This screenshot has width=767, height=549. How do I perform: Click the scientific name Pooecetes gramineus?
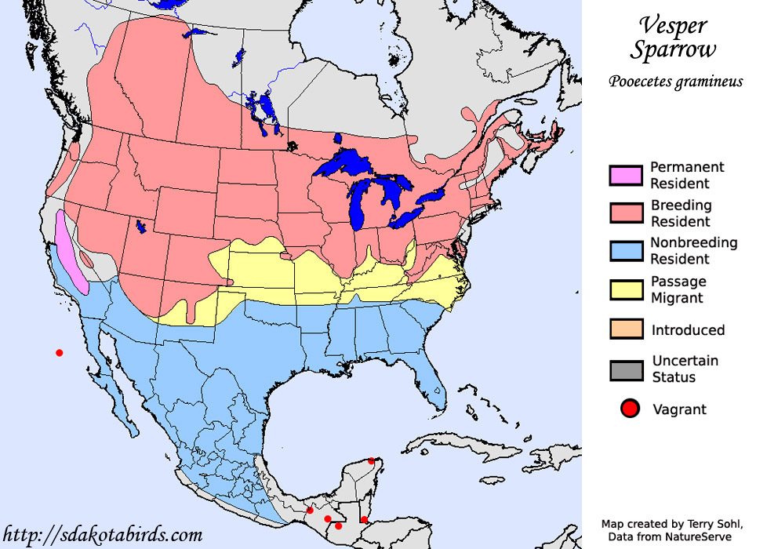674,82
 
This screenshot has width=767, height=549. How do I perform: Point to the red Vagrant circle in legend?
627,409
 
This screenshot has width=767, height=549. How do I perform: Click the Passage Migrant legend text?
679,289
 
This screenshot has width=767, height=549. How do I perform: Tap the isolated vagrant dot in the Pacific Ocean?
59,353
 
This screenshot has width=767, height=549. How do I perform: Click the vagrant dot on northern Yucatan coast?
371,461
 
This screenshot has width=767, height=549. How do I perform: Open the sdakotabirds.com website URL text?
103,536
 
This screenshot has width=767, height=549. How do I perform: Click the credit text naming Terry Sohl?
667,524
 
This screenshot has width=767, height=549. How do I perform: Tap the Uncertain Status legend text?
685,369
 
